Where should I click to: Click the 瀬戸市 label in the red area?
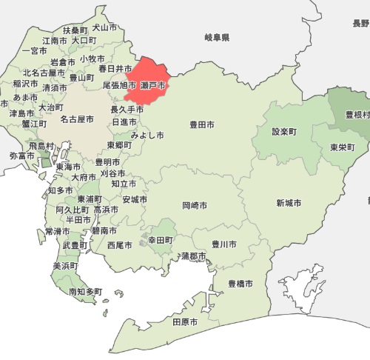153,86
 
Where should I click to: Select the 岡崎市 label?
194,205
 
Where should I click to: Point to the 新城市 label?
289,203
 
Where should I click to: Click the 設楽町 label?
284,132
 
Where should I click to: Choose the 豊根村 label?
358,116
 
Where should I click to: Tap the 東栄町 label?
343,147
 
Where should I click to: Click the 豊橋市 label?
240,284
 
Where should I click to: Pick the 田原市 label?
185,322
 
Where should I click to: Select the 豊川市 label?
224,244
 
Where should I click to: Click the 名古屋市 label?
77,119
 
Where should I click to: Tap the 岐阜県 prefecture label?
218,37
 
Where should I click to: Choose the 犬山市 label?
104,27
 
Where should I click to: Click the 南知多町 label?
86,292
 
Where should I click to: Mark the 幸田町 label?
160,240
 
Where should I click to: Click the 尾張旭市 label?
120,86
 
